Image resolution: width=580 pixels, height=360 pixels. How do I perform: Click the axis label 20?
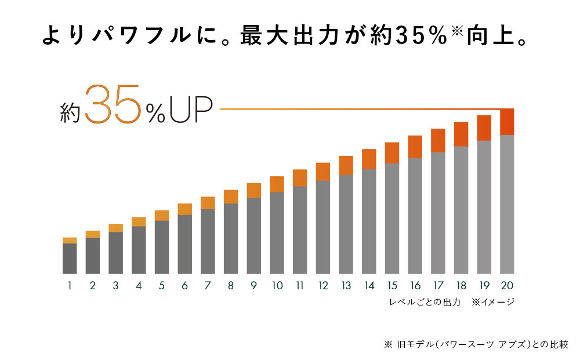click(x=507, y=286)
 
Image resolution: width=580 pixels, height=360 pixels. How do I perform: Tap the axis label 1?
click(x=70, y=286)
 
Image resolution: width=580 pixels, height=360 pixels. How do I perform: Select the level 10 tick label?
click(x=277, y=286)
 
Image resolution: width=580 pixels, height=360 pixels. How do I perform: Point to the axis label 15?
click(x=391, y=286)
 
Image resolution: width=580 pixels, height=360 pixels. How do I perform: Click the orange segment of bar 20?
click(x=507, y=122)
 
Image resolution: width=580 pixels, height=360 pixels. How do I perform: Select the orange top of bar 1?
click(x=70, y=240)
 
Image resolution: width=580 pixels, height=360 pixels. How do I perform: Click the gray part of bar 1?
click(x=70, y=259)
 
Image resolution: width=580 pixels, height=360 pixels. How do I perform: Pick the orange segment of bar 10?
click(x=277, y=184)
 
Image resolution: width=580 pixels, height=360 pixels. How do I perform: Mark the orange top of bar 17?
click(x=438, y=140)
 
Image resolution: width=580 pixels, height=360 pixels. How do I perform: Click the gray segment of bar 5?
click(x=162, y=247)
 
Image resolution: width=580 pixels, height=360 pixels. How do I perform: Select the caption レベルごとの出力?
click(x=425, y=302)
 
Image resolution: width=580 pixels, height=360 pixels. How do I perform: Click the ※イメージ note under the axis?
click(x=493, y=302)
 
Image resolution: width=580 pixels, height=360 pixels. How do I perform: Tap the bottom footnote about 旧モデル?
click(x=476, y=344)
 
